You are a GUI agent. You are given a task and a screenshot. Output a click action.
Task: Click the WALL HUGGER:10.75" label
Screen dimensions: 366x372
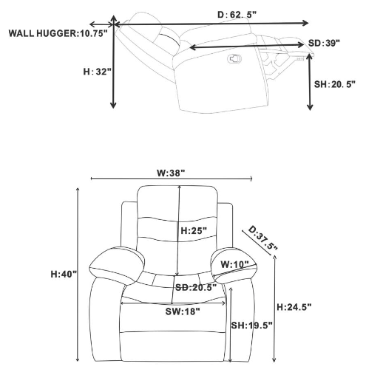point(58,33)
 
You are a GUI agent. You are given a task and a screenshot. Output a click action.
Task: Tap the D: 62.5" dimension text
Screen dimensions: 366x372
point(237,15)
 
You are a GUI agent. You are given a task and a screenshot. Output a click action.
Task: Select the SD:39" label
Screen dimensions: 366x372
point(324,44)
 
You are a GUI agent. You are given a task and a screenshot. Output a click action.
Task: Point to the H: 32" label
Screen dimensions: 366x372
point(98,72)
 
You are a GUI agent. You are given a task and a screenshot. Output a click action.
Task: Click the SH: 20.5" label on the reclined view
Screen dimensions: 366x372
point(335,84)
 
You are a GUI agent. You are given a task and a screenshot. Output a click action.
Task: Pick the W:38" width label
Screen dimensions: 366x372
point(171,173)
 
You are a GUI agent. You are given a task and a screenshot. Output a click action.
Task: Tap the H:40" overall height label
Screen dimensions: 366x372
point(64,274)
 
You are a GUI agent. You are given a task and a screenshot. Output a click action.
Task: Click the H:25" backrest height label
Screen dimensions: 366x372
point(194,231)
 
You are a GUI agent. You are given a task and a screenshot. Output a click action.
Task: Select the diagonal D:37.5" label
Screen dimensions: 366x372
point(262,238)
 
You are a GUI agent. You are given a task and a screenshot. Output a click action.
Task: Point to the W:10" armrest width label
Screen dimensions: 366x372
point(234,265)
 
